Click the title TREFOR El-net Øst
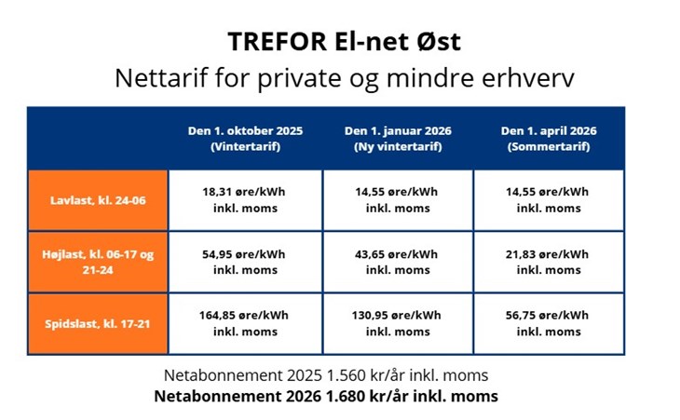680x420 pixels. pyautogui.click(x=344, y=42)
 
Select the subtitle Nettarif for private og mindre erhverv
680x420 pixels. pyautogui.click(x=345, y=78)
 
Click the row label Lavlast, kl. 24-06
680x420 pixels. pyautogui.click(x=98, y=200)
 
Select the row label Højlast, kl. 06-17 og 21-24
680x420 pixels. pyautogui.click(x=98, y=263)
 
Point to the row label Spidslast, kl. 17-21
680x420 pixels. pyautogui.click(x=98, y=324)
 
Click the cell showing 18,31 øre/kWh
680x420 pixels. pyautogui.click(x=246, y=200)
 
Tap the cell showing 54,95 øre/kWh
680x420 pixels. pyautogui.click(x=246, y=263)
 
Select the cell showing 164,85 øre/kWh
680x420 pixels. pyautogui.click(x=246, y=324)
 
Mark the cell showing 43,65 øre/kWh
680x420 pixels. pyautogui.click(x=398, y=263)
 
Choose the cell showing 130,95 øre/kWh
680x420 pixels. pyautogui.click(x=398, y=324)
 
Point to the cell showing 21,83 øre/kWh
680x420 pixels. pyautogui.click(x=549, y=263)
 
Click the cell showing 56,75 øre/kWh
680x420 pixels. pyautogui.click(x=549, y=324)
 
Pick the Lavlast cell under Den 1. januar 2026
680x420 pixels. pyautogui.click(x=398, y=200)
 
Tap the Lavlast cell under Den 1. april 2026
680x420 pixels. pyautogui.click(x=549, y=200)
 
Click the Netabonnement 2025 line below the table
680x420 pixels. pyautogui.click(x=326, y=375)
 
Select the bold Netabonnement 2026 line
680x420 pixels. pyautogui.click(x=326, y=396)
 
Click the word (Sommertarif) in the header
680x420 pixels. pyautogui.click(x=549, y=146)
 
